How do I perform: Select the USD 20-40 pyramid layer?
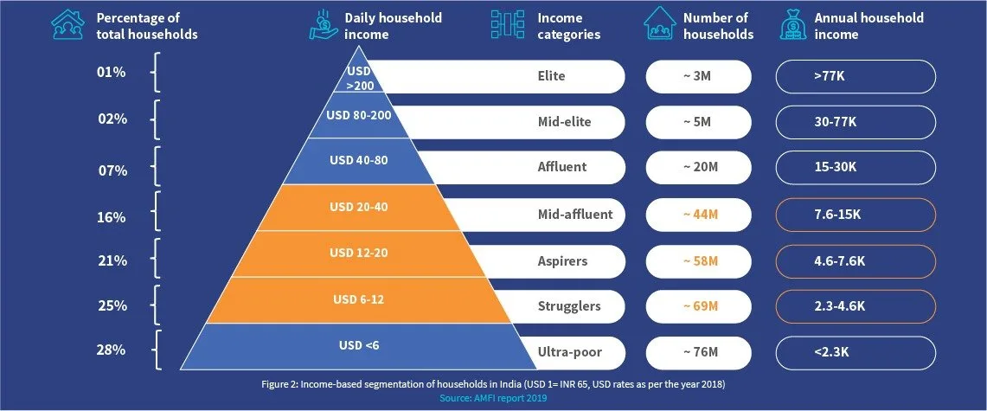click(x=358, y=207)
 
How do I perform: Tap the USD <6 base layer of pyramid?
click(x=358, y=346)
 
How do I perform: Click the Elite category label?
click(x=551, y=76)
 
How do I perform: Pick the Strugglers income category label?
click(x=569, y=306)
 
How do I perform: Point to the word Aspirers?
click(x=562, y=260)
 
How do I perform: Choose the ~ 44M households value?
click(x=698, y=215)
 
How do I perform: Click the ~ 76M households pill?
click(x=698, y=352)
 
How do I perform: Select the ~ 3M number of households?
click(x=698, y=76)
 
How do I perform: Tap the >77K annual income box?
click(x=856, y=76)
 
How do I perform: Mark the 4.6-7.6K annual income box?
click(x=856, y=260)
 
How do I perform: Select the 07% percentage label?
click(x=112, y=170)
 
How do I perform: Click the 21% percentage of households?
click(x=112, y=260)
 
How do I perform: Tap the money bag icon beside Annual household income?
click(x=793, y=26)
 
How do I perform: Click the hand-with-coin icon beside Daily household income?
click(x=324, y=26)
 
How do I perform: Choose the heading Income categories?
click(x=568, y=27)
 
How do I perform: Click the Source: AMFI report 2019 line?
click(x=493, y=398)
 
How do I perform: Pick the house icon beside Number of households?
click(x=660, y=26)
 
